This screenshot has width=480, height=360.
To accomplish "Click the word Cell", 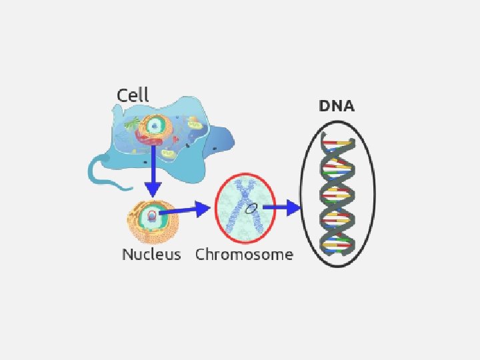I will pos(133,95).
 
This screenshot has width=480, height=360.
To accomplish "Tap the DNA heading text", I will pos(337,106).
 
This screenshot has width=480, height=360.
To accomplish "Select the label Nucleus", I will pos(151,255).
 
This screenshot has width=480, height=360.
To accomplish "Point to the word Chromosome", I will pos(244,255).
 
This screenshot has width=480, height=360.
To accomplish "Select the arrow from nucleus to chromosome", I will pos(187,210).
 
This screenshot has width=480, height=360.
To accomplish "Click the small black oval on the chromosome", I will pos(251,209).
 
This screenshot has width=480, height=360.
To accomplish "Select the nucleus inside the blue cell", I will pos(156,125).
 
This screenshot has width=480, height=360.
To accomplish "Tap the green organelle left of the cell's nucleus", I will pos(133,123).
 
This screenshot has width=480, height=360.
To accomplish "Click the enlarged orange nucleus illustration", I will pos(153,220).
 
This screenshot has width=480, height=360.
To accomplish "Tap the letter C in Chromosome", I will pos(201,255).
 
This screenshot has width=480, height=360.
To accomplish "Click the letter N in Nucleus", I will pos(127,255).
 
